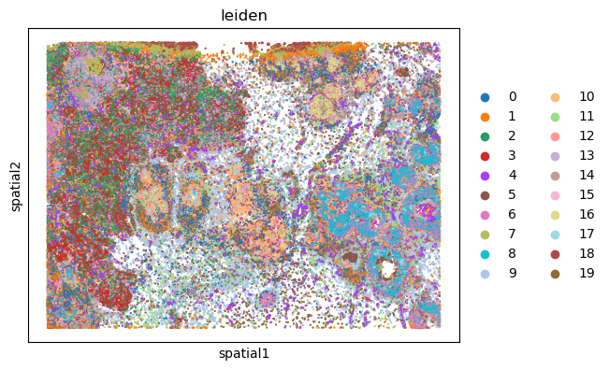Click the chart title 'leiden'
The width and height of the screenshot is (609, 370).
[x=243, y=16]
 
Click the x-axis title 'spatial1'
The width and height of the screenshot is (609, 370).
[x=243, y=354]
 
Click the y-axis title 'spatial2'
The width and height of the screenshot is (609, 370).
[x=15, y=185]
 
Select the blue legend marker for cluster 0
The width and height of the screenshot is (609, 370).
[x=485, y=96]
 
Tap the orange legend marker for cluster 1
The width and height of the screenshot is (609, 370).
[x=485, y=116]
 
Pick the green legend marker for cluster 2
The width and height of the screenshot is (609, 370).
[x=485, y=135]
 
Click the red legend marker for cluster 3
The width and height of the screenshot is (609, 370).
[x=485, y=155]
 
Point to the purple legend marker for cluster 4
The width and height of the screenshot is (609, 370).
[x=485, y=175]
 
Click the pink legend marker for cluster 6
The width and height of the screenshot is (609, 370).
[x=485, y=214]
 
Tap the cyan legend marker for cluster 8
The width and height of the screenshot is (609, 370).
[x=485, y=253]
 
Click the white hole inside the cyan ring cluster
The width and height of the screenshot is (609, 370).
[x=386, y=269]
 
